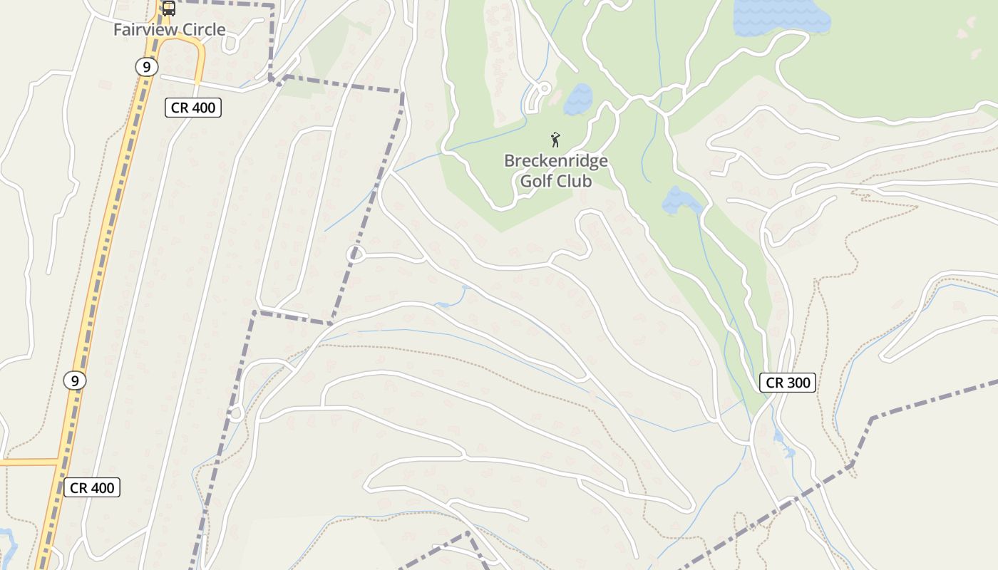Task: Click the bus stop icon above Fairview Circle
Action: (169, 9)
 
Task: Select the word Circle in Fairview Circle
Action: (202, 30)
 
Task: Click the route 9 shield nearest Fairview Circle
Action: (146, 67)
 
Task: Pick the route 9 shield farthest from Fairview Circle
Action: (75, 380)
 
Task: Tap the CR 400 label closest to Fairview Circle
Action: (193, 108)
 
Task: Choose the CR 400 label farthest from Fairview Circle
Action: (92, 488)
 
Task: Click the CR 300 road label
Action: (787, 383)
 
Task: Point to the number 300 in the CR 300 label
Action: (798, 383)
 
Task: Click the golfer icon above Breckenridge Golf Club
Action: (555, 140)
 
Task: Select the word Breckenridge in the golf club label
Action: (555, 161)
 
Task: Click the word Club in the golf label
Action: (575, 181)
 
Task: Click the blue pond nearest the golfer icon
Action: (578, 99)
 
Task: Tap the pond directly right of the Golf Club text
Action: (681, 200)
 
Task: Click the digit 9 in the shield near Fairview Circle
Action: (146, 67)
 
